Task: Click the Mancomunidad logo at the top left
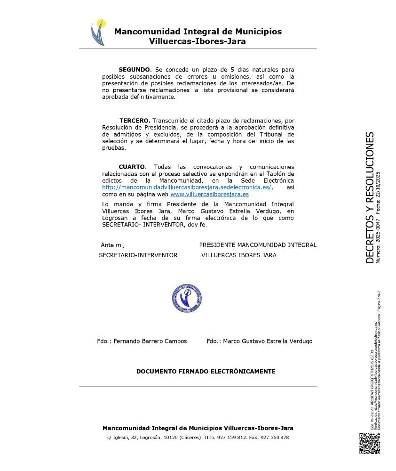pyautogui.click(x=98, y=32)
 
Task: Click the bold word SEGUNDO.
pyautogui.click(x=135, y=70)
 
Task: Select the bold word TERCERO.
pyautogui.click(x=135, y=121)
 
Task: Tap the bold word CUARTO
pyautogui.click(x=132, y=167)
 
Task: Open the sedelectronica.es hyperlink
pyautogui.click(x=188, y=187)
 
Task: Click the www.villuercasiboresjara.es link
pyautogui.click(x=209, y=194)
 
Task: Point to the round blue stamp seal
pyautogui.click(x=187, y=299)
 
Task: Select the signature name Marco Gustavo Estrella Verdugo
pyautogui.click(x=268, y=341)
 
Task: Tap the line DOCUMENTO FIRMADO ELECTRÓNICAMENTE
pyautogui.click(x=206, y=371)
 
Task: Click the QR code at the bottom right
pyautogui.click(x=370, y=443)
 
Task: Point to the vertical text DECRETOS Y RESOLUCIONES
pyautogui.click(x=370, y=198)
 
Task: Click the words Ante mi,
pyautogui.click(x=112, y=245)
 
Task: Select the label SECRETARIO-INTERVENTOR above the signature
pyautogui.click(x=138, y=255)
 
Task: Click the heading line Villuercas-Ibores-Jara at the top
pyautogui.click(x=197, y=41)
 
